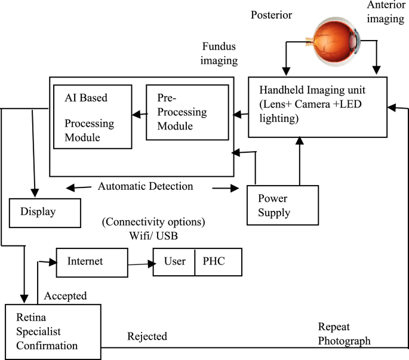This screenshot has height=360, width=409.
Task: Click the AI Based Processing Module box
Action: click(91, 117)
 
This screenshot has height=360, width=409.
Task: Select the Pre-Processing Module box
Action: click(187, 112)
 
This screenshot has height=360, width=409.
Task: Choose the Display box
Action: click(45, 213)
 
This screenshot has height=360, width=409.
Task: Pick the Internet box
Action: click(92, 262)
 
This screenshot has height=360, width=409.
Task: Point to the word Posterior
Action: click(272, 15)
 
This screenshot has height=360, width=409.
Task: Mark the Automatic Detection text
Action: click(145, 186)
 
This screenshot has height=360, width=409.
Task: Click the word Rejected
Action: click(147, 337)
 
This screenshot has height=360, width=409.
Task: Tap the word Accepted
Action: click(66, 296)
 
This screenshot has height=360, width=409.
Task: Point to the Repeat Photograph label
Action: click(344, 334)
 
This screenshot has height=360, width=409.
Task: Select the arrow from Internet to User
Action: click(140, 264)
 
